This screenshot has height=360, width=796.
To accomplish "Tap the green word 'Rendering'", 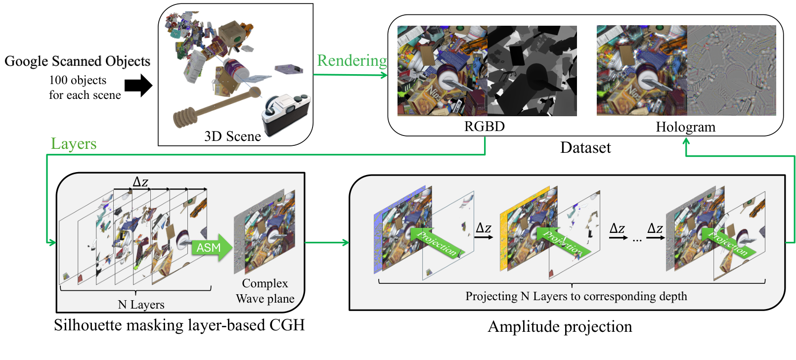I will pyautogui.click(x=352, y=60).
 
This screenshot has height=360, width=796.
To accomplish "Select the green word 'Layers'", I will pyautogui.click(x=74, y=143).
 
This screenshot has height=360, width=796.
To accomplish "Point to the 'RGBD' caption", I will pyautogui.click(x=484, y=127).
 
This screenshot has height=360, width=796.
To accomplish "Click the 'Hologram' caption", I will pyautogui.click(x=685, y=127).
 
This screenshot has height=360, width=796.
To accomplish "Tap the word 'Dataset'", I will pyautogui.click(x=585, y=147).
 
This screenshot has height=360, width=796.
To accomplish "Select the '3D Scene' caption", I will pyautogui.click(x=232, y=136).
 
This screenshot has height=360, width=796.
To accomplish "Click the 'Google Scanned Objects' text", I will pyautogui.click(x=77, y=61).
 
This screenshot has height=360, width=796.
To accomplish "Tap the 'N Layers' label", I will pyautogui.click(x=141, y=305).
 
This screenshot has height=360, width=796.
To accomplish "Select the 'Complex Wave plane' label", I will pyautogui.click(x=265, y=291).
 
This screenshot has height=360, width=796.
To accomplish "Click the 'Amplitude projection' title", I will pyautogui.click(x=560, y=326).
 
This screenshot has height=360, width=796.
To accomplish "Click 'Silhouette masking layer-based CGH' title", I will pyautogui.click(x=179, y=325).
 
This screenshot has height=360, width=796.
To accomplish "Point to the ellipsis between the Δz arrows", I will pyautogui.click(x=637, y=240).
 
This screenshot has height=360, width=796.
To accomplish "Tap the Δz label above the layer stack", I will pyautogui.click(x=140, y=182).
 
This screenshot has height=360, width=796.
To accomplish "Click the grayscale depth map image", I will pyautogui.click(x=532, y=71).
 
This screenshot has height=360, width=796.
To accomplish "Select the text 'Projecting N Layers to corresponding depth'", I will pyautogui.click(x=576, y=296).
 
